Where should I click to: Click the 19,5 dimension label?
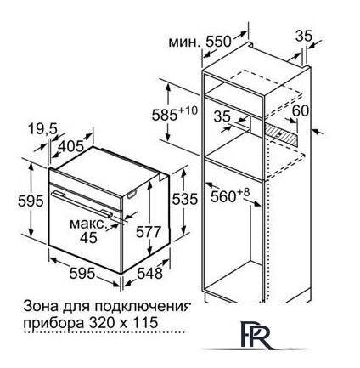(42, 130)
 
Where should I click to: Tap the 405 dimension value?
(72, 146)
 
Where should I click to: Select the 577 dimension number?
(149, 232)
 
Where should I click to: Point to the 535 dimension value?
(185, 199)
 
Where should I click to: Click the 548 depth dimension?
(149, 274)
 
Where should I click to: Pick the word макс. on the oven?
(88, 224)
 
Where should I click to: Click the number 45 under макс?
(88, 238)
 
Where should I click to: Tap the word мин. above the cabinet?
(184, 42)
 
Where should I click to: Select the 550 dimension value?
(218, 42)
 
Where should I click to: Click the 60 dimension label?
(301, 110)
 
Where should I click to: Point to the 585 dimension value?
(165, 115)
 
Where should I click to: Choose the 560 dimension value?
(223, 196)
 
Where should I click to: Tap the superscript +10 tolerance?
(188, 110)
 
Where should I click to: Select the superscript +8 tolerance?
(244, 192)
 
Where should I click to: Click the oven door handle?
(82, 203)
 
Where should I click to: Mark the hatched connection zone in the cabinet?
(281, 134)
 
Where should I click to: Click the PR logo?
(256, 335)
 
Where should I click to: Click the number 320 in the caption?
(99, 323)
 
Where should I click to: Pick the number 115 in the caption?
(145, 323)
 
